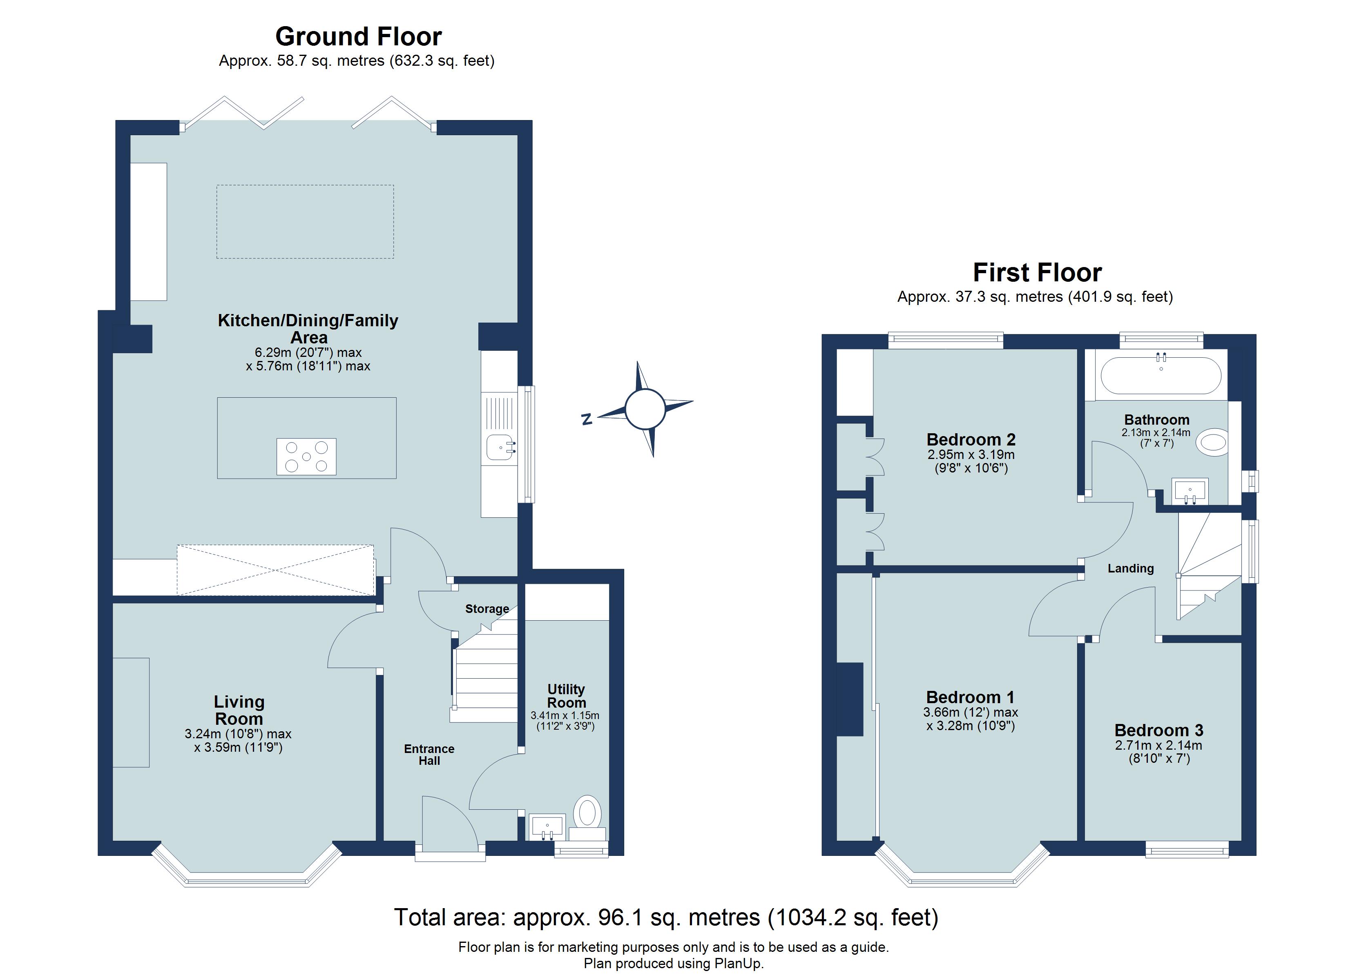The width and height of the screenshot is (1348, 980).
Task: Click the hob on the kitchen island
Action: click(306, 457)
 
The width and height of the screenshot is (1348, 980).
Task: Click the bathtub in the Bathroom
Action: click(1161, 376)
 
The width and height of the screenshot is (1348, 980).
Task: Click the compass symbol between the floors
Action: click(645, 409)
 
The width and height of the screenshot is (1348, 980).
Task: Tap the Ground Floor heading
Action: click(358, 37)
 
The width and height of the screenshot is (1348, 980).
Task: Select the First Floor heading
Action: click(1037, 273)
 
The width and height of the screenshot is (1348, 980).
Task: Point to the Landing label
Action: click(1130, 568)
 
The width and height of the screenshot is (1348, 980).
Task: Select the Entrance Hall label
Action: click(429, 754)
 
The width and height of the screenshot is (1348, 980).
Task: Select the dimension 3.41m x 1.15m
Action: click(565, 715)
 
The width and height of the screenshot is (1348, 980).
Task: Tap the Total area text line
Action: click(666, 917)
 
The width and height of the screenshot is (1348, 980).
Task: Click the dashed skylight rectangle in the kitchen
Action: click(305, 222)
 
